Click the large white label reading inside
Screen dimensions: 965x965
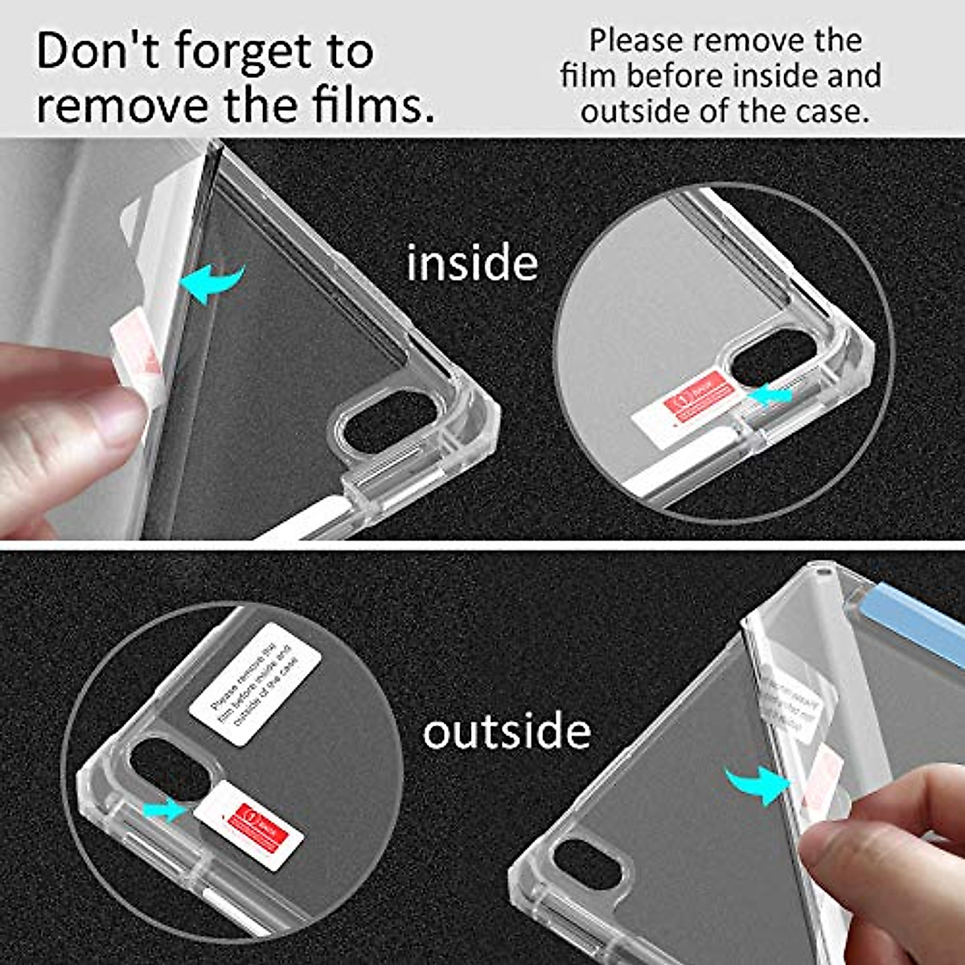472,263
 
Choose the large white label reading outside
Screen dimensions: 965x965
507,731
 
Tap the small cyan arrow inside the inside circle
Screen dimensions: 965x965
770,395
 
